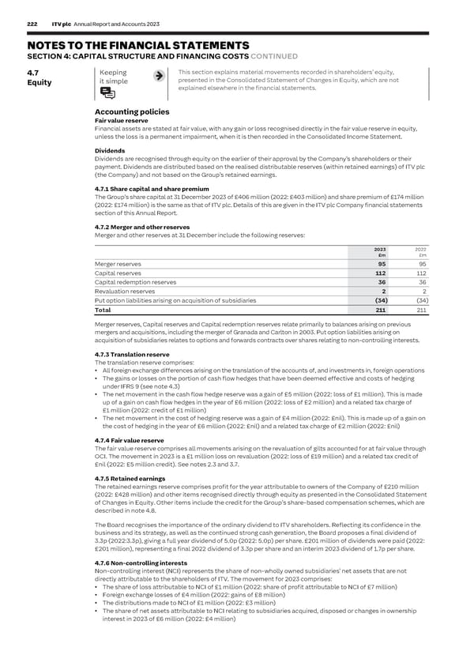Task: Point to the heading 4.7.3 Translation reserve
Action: tap(131, 355)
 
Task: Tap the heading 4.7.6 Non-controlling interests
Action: tap(141, 562)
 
